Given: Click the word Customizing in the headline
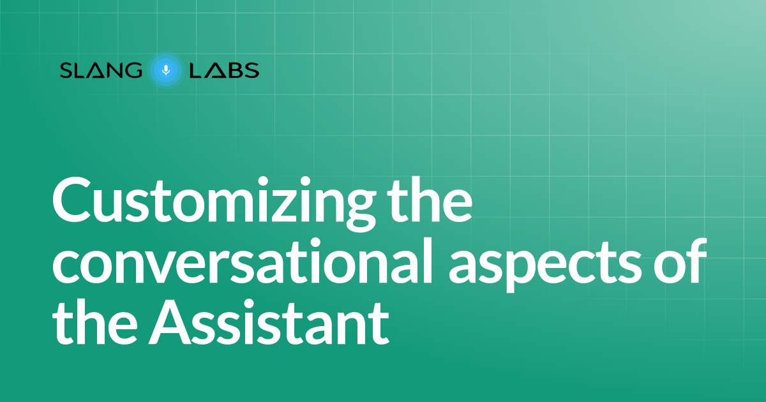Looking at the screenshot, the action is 214,204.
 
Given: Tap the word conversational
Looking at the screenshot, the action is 243,261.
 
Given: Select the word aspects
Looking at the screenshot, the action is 545,265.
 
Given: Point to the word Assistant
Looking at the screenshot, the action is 269,322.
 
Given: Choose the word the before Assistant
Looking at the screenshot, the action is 94,321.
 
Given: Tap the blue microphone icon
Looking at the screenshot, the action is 166,70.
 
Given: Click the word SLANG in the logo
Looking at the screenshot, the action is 101,70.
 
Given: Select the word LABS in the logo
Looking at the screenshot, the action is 224,70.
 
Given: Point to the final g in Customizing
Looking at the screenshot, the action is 360,211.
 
